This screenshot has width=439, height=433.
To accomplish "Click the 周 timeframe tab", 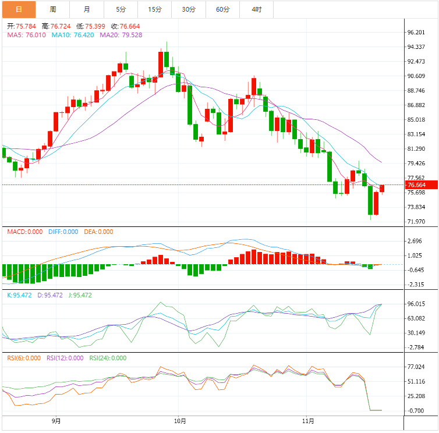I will [x=53, y=9].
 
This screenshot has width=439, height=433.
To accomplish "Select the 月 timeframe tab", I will [x=87, y=9].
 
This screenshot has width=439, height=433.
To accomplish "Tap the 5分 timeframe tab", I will [x=121, y=9].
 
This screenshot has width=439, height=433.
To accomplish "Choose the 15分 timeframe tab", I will [x=155, y=9].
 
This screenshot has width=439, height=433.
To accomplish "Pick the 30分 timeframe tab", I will [x=189, y=9].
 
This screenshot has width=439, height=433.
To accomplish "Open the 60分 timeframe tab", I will [x=222, y=9].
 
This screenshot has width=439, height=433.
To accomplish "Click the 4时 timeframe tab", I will [x=256, y=9].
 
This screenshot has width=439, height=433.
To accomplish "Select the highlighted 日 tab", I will [x=19, y=9].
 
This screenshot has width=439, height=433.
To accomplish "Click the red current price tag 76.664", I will [x=417, y=185].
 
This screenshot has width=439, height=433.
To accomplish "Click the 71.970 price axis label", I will [x=417, y=222].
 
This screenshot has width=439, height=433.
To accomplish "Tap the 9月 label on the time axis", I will [x=56, y=420].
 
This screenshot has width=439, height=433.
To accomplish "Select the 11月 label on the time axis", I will [x=309, y=420].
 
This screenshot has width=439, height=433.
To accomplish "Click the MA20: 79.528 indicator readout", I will [x=120, y=36].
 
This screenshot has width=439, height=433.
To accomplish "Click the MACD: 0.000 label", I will [x=24, y=232].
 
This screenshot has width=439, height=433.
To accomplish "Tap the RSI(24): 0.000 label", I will [x=107, y=358].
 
